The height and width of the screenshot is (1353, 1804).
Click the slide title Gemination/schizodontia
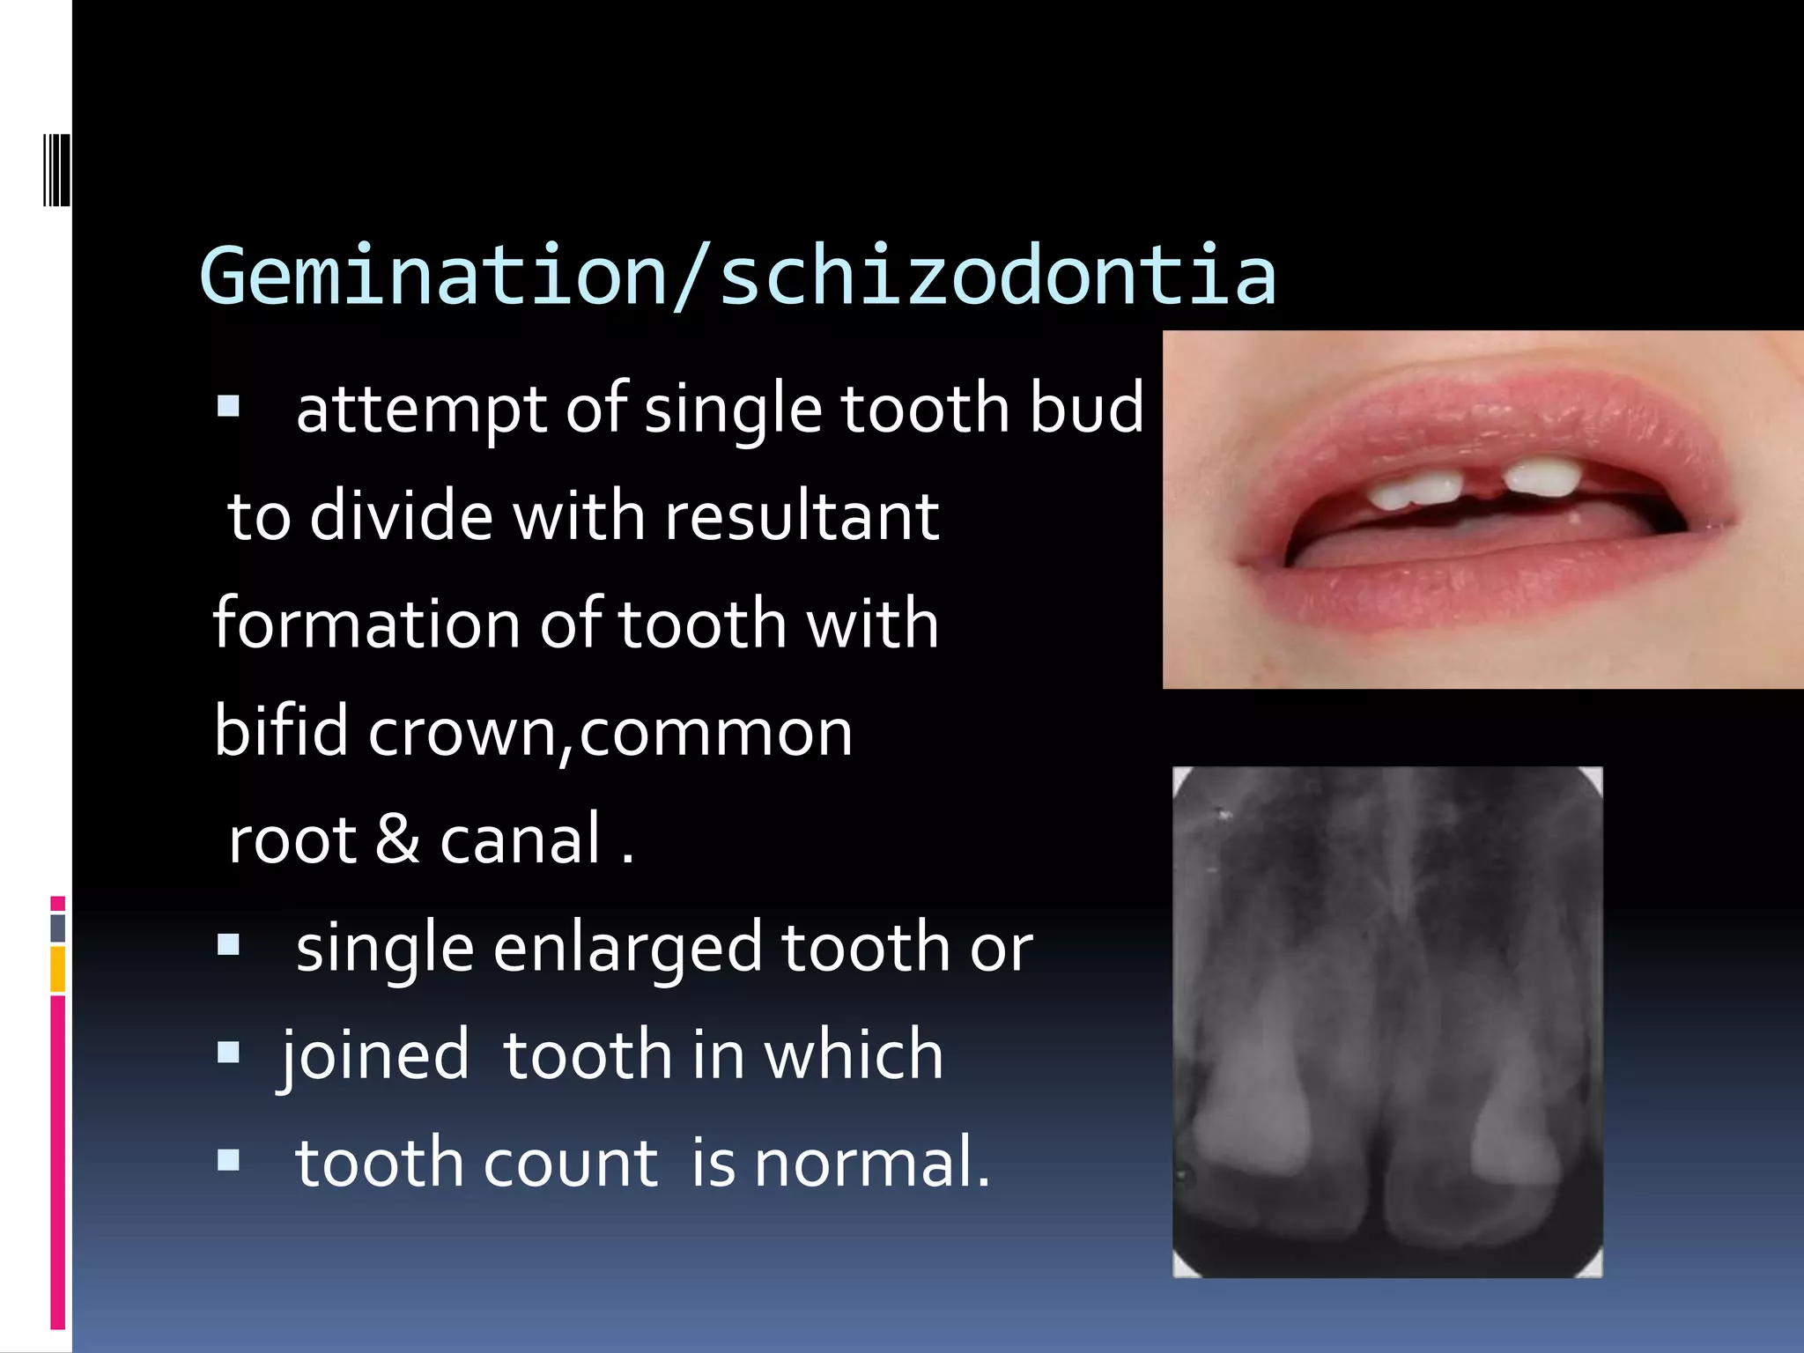point(738,277)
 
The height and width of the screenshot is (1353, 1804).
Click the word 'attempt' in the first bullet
point(419,409)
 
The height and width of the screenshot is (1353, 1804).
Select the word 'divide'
point(401,516)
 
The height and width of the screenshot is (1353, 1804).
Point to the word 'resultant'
point(802,516)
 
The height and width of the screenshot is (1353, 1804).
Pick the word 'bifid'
point(281,731)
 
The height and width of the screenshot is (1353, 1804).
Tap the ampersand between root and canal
point(397,839)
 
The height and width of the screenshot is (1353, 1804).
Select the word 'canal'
point(520,839)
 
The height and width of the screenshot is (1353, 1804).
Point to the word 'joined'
point(375,1055)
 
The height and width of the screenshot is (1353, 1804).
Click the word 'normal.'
point(872,1163)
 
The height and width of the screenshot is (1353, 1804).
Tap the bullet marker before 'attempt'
point(228,406)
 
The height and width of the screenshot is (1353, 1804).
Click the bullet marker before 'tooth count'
point(228,1160)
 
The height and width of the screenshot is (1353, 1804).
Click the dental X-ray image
point(1387,1022)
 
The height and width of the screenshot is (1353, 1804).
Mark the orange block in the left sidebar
point(58,969)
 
